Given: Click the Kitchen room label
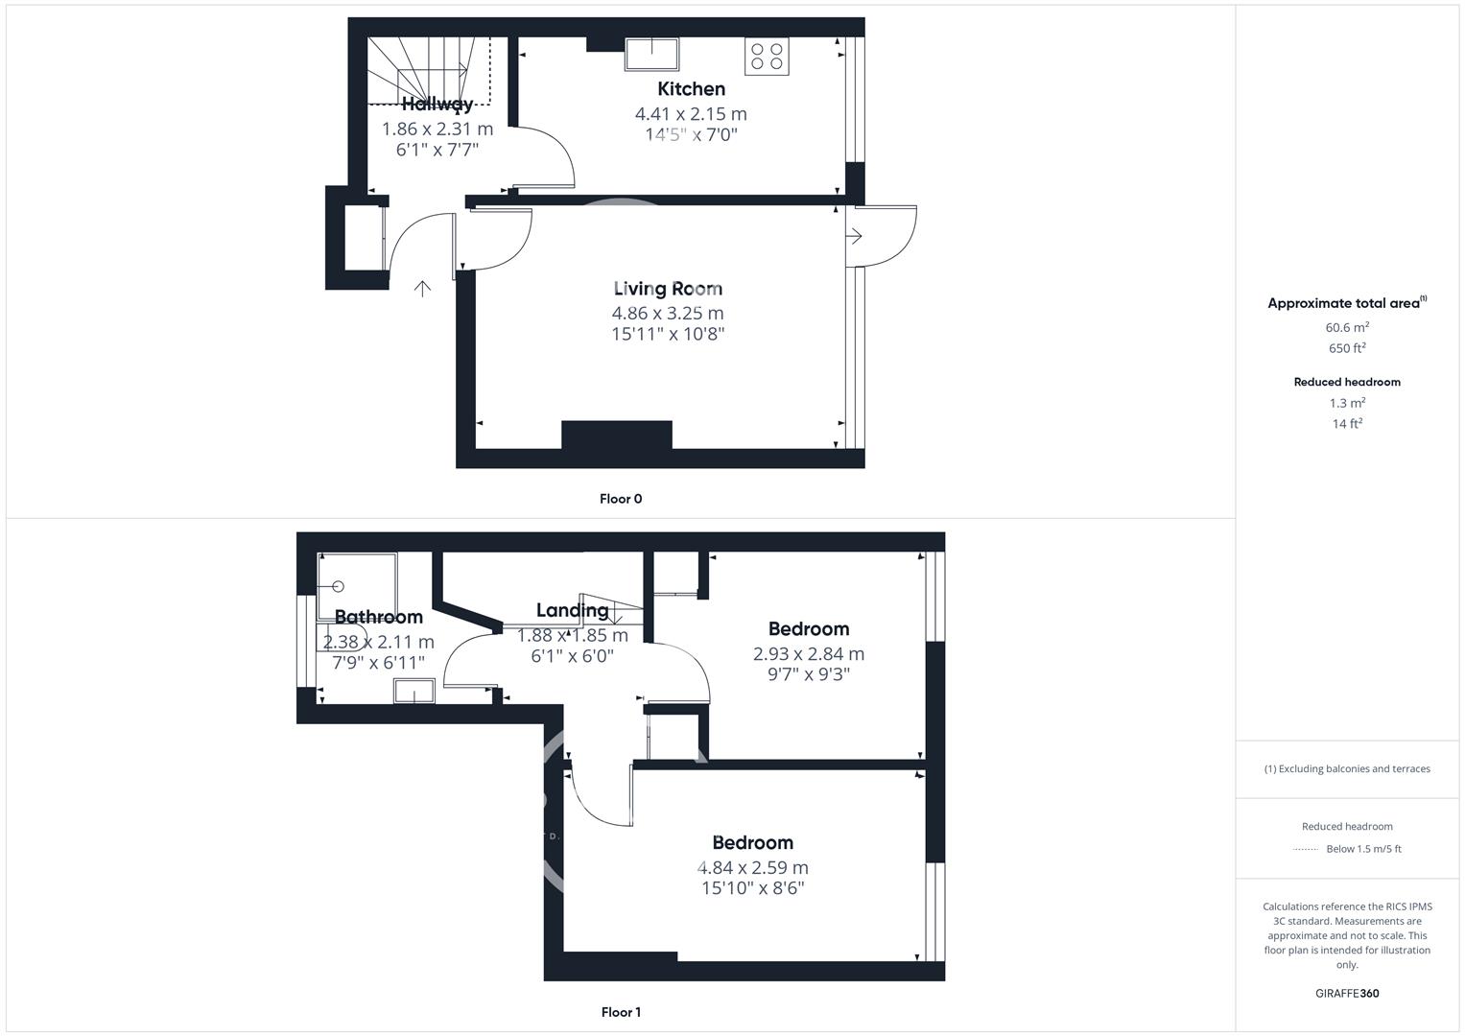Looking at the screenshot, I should click(x=691, y=89).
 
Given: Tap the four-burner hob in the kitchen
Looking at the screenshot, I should click(x=766, y=56).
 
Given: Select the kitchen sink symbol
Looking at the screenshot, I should click(x=651, y=54).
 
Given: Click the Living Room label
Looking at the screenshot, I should click(x=668, y=289).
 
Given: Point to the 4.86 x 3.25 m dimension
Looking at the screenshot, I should click(x=668, y=313).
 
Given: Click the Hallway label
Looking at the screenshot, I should click(x=437, y=104).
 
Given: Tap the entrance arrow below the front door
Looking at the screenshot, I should click(x=422, y=288).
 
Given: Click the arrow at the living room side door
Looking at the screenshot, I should click(x=855, y=236).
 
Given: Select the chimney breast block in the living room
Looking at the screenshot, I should click(x=616, y=435).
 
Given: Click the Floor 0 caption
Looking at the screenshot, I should click(x=621, y=499).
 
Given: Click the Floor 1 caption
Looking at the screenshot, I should click(x=621, y=1012).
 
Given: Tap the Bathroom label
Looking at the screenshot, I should click(x=378, y=617).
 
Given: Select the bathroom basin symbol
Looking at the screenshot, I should click(x=414, y=691).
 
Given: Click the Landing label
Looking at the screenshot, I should click(x=572, y=610).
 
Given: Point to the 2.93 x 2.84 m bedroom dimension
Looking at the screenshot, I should click(x=808, y=654).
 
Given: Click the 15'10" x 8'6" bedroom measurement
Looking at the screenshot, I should click(x=752, y=888).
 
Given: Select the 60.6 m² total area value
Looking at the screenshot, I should click(x=1347, y=327).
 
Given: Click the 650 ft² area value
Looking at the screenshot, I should click(x=1347, y=348).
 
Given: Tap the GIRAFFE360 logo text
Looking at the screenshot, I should click(x=1347, y=993).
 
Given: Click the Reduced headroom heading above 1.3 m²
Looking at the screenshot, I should click(x=1347, y=382).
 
